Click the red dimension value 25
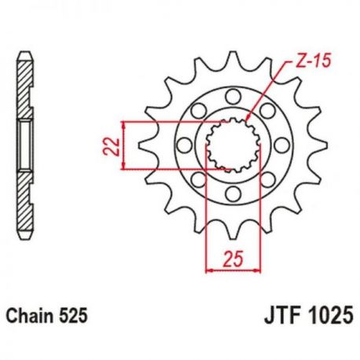point(233,259)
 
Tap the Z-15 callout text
point(311,61)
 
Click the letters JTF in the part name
point(282,315)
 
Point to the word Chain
point(30,315)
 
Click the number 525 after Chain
point(73,315)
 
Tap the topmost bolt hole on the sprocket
point(233,97)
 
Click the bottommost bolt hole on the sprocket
point(233,194)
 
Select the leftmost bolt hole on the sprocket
point(184,145)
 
